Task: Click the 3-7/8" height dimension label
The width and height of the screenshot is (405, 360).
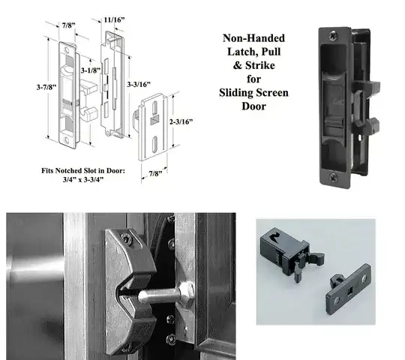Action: (x=46, y=87)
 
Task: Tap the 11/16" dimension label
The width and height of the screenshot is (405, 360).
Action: (x=114, y=20)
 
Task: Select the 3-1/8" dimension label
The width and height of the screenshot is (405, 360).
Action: (x=91, y=70)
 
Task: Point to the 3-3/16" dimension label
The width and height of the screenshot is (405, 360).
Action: (x=139, y=84)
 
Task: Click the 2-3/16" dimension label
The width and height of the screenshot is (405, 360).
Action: (x=181, y=121)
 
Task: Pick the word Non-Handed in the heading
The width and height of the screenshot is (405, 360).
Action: (x=253, y=38)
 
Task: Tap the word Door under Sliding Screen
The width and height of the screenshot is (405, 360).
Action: (x=253, y=106)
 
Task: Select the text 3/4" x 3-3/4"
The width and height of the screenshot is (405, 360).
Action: (x=83, y=179)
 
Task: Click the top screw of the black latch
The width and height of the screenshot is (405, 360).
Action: (x=334, y=35)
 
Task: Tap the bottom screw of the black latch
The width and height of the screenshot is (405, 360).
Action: (x=333, y=178)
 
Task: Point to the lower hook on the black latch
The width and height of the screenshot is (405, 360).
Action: (x=367, y=125)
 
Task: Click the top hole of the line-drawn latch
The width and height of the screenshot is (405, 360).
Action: (x=67, y=49)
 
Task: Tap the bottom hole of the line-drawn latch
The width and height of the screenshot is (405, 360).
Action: (x=67, y=139)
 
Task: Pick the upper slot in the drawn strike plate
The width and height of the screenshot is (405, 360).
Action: (x=154, y=107)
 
